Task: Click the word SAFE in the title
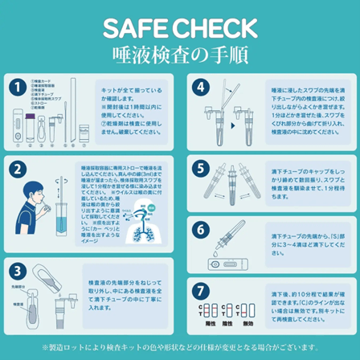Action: (135, 28)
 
